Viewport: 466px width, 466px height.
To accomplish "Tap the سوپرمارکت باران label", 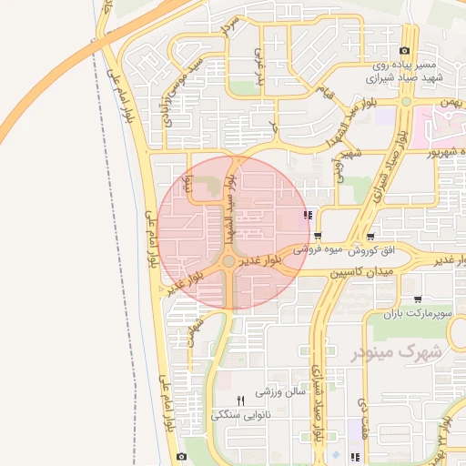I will (416, 314).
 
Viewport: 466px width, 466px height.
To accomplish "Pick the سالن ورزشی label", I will (277, 391).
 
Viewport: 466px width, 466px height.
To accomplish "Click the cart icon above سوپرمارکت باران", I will (417, 299).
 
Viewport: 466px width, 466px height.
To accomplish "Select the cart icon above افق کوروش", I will (317, 236).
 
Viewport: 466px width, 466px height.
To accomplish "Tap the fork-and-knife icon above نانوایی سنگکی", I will (241, 400).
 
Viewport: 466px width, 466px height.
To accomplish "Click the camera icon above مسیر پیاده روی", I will (404, 51).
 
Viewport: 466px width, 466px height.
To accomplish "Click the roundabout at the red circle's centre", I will (228, 263).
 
